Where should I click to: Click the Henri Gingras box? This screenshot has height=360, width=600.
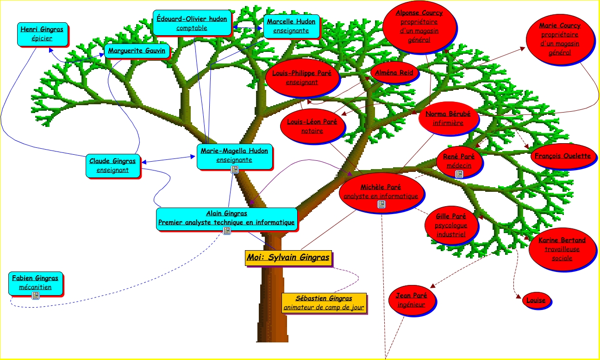pyautogui.click(x=42, y=34)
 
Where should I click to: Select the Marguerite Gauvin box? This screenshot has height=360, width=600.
pyautogui.click(x=137, y=51)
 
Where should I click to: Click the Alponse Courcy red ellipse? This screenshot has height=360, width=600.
pyautogui.click(x=419, y=26)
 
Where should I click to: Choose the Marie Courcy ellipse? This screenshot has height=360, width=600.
pyautogui.click(x=559, y=39)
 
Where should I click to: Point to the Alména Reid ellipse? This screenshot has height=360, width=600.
pyautogui.click(x=394, y=72)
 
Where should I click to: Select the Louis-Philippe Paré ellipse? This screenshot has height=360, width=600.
pyautogui.click(x=301, y=77)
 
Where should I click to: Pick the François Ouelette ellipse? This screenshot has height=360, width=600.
pyautogui.click(x=562, y=156)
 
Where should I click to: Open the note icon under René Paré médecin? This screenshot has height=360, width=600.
pyautogui.click(x=459, y=174)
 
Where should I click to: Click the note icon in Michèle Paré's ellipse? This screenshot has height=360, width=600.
pyautogui.click(x=381, y=204)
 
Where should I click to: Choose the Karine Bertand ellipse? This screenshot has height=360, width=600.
pyautogui.click(x=562, y=249)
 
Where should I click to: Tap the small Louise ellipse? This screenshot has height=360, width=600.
pyautogui.click(x=536, y=300)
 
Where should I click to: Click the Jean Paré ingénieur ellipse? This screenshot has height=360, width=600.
pyautogui.click(x=411, y=300)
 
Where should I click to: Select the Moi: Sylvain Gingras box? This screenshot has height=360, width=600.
pyautogui.click(x=288, y=258)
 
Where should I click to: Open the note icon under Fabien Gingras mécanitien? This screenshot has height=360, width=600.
pyautogui.click(x=35, y=295)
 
